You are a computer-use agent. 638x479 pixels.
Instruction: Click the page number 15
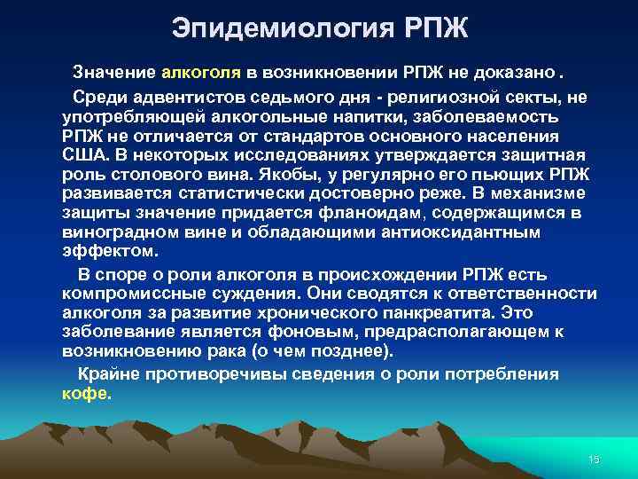pos(593,458)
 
